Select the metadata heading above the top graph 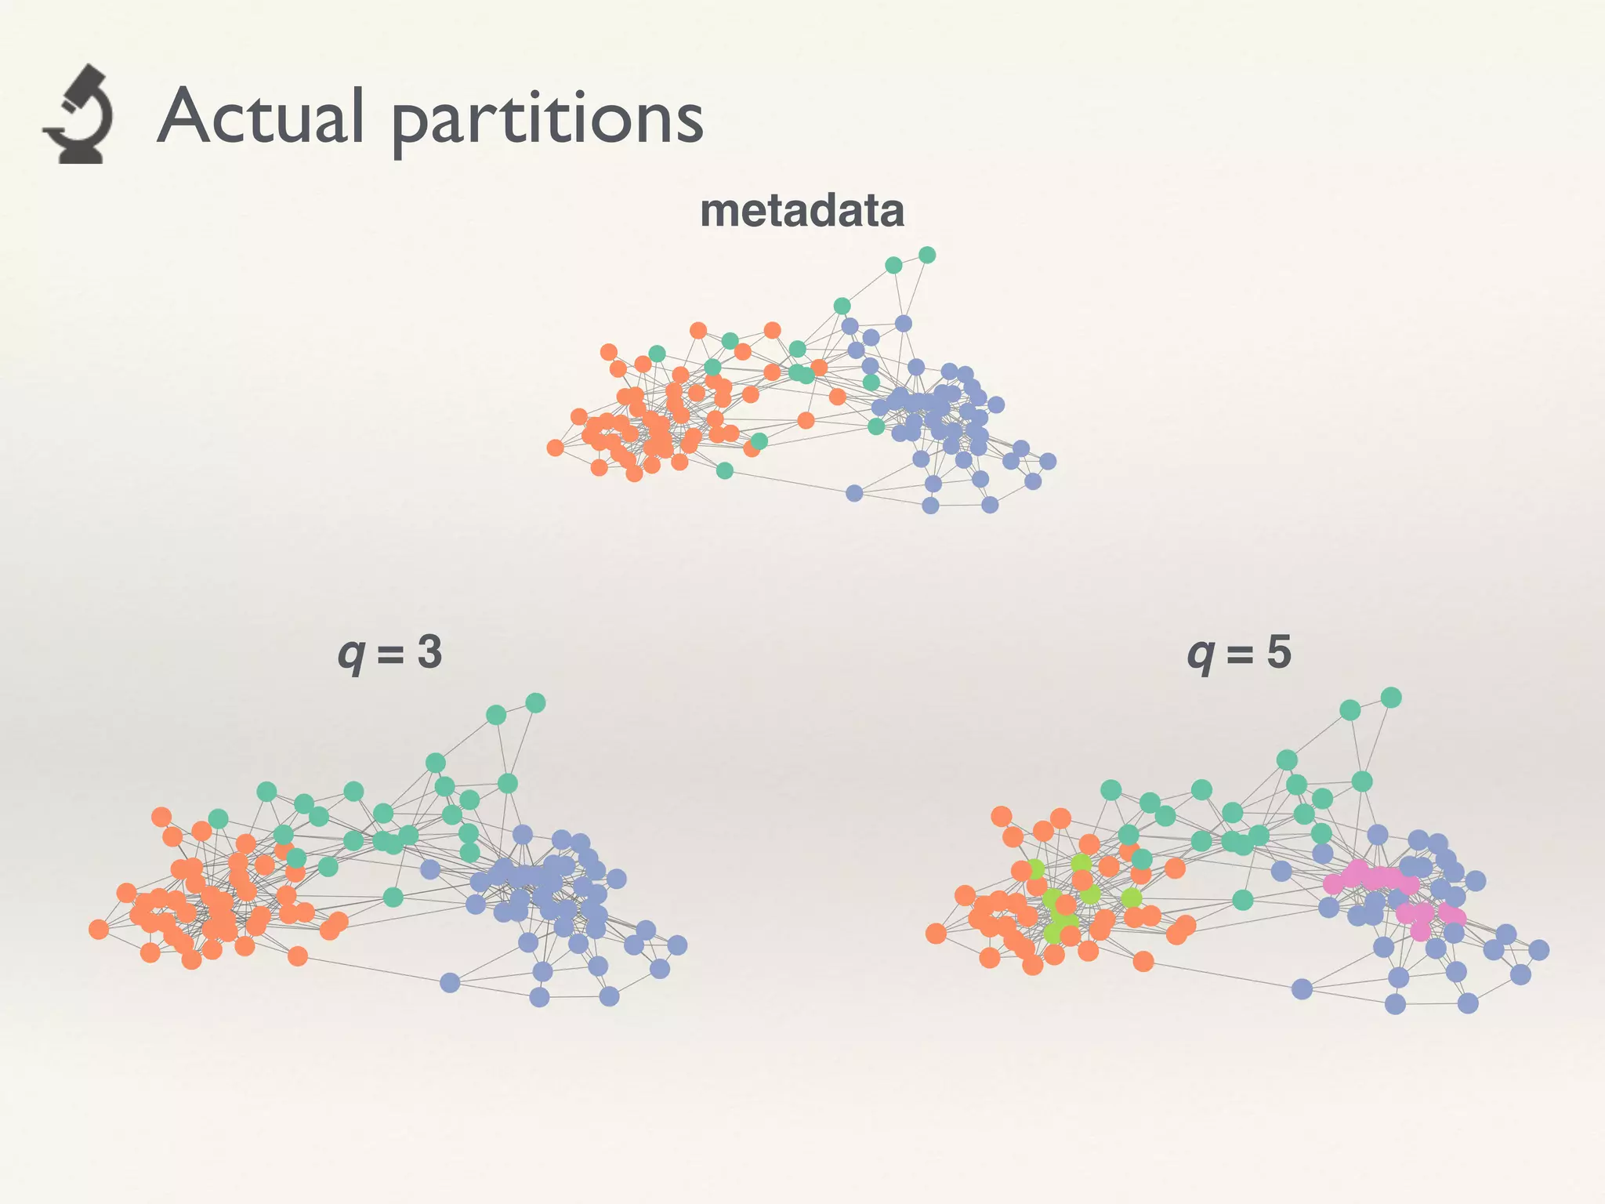(x=802, y=211)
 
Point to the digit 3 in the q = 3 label (x=429, y=652)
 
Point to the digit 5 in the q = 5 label (x=1279, y=652)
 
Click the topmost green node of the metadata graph (x=927, y=255)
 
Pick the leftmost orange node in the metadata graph (x=556, y=448)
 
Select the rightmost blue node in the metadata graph (x=1048, y=461)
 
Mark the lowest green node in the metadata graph (x=725, y=470)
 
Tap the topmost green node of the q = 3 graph (x=535, y=703)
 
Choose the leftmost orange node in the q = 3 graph (x=99, y=930)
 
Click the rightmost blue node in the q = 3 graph (x=678, y=945)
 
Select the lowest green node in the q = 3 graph (x=393, y=897)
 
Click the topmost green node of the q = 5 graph (x=1391, y=698)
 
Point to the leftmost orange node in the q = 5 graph (x=936, y=934)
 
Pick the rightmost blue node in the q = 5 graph (x=1539, y=950)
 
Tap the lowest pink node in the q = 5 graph (x=1420, y=931)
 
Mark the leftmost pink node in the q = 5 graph (x=1333, y=884)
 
